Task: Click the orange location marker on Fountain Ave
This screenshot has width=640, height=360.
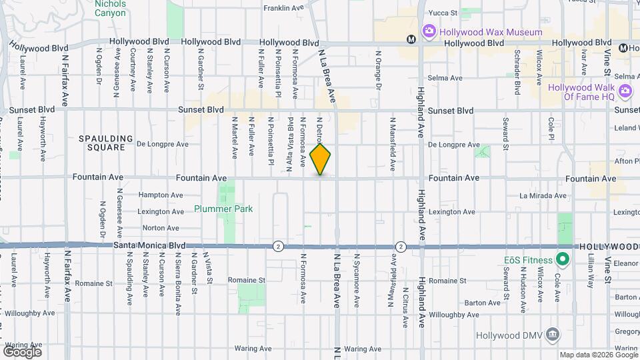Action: click(321, 160)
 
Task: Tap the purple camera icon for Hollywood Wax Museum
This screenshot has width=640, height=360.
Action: click(429, 31)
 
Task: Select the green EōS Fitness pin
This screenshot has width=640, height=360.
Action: click(562, 259)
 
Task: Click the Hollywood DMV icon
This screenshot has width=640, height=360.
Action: click(552, 334)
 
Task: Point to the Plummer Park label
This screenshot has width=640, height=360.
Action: click(223, 209)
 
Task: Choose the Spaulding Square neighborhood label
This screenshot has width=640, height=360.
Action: click(102, 143)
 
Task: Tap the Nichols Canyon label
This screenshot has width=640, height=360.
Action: click(109, 8)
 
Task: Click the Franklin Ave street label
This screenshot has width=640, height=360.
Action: click(283, 8)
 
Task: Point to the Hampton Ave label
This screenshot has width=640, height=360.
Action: click(161, 195)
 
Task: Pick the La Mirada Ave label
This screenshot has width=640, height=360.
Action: click(543, 196)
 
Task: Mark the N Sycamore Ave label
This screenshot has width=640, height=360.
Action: click(357, 280)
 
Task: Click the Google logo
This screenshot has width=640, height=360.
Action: click(22, 351)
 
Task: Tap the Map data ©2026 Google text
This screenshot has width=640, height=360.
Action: click(597, 355)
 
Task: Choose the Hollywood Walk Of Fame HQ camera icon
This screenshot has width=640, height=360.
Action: click(625, 90)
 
